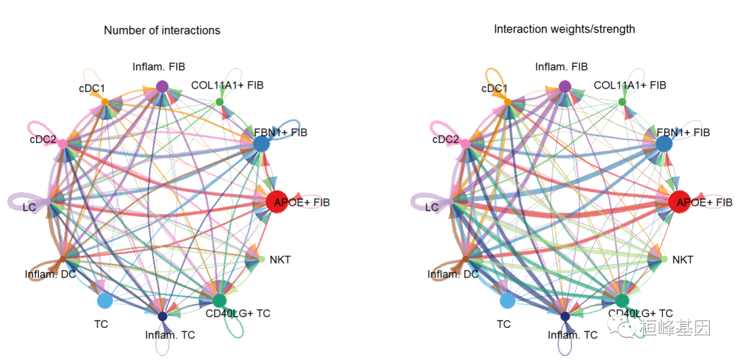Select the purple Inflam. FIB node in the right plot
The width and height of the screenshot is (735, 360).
[565, 86]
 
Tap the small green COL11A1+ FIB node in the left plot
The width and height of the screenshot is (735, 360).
[219, 102]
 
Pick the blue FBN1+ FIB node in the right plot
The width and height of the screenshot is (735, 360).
[664, 144]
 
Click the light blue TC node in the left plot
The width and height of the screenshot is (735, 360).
[104, 300]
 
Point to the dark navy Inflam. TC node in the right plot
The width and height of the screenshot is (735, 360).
[565, 316]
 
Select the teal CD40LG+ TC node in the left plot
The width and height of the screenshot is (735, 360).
[219, 300]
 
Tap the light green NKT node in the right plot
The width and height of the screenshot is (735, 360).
[664, 259]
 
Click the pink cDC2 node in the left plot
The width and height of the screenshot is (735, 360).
[63, 144]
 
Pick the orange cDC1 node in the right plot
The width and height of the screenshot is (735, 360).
[507, 102]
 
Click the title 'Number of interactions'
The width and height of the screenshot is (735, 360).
[162, 31]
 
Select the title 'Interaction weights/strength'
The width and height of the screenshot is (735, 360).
[564, 29]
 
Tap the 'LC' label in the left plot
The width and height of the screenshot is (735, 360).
[29, 207]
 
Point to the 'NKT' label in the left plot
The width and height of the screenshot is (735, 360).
[280, 260]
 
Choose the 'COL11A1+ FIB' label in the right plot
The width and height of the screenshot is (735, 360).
[630, 85]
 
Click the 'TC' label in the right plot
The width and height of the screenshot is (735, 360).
[503, 325]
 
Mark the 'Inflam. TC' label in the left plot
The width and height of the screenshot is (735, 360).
[170, 334]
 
